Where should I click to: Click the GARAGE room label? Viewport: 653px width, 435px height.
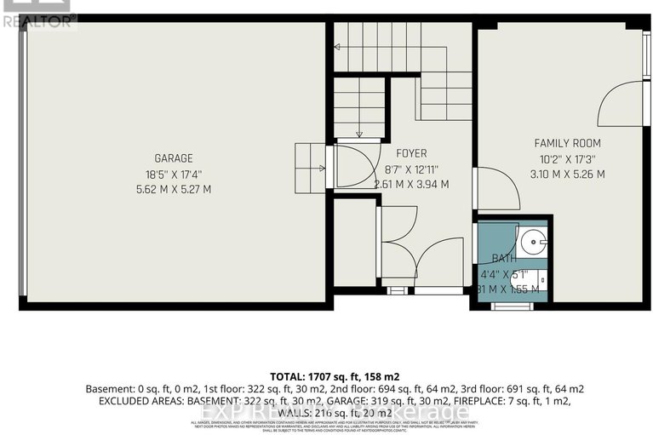pyautogui.click(x=173, y=158)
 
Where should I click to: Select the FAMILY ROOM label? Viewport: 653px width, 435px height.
pyautogui.click(x=567, y=143)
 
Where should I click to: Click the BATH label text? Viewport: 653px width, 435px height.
pyautogui.click(x=503, y=259)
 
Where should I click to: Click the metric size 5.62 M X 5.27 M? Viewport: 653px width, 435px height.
pyautogui.click(x=173, y=189)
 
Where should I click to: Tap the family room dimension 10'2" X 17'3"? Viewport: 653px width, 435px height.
pyautogui.click(x=567, y=158)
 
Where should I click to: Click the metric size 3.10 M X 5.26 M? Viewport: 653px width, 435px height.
pyautogui.click(x=567, y=175)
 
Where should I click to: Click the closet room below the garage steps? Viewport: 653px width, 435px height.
pyautogui.click(x=354, y=243)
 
